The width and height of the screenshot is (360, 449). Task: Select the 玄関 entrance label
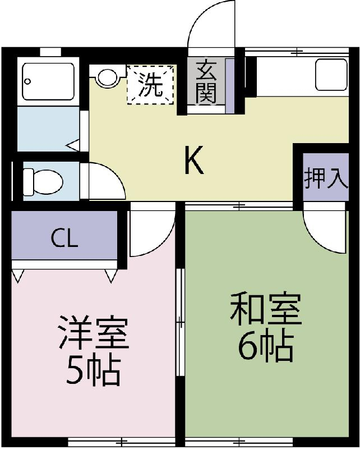coord(206,82)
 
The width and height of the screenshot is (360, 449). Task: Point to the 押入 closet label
coord(325,179)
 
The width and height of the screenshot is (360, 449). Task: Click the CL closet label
coord(64,239)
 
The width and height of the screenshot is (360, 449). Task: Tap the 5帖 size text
coord(93,371)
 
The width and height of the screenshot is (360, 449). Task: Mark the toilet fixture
coord(43,181)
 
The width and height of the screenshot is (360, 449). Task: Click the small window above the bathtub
coord(50,52)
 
